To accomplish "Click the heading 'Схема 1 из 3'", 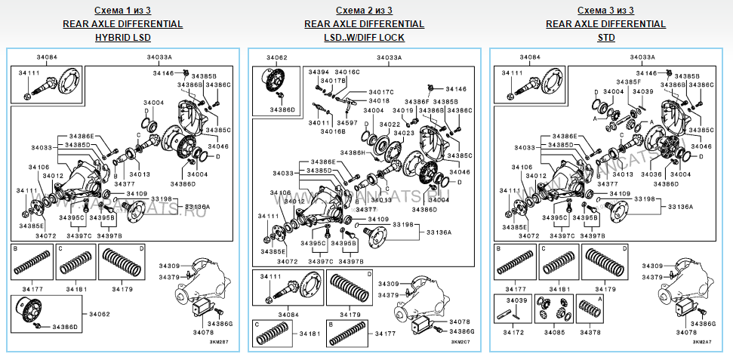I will pos(122,11).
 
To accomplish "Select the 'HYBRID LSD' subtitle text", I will pos(122,37).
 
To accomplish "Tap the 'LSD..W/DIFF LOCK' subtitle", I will pos(364,37).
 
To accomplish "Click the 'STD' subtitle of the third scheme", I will pos(605,37).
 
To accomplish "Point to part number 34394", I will pos(319,72).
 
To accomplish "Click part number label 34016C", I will pos(347,72).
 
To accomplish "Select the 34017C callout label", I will pos(381,92).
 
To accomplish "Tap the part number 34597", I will pos(347,122).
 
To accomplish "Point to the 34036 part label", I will pos(651,174).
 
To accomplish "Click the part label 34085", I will pos(553,331).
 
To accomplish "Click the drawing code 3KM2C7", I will pos(460,342).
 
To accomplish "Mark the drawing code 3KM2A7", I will pos(702,342).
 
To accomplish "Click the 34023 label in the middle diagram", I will pos(404,132).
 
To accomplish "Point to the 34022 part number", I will pos(390,124).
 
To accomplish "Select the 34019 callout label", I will pos(404,110).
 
